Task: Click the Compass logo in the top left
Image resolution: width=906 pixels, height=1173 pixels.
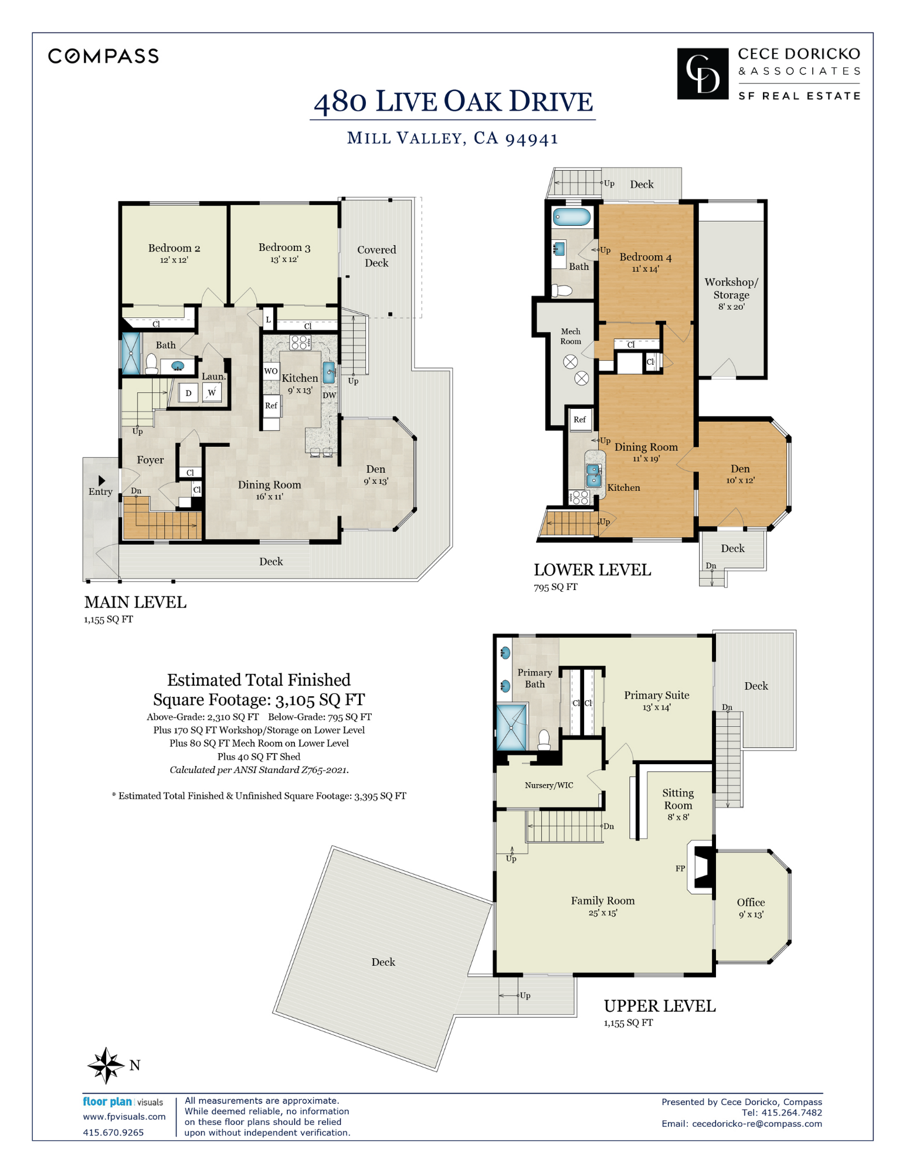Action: [x=103, y=56]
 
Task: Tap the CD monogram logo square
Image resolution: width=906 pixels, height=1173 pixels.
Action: [x=703, y=74]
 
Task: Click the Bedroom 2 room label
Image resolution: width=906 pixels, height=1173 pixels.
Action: [x=174, y=248]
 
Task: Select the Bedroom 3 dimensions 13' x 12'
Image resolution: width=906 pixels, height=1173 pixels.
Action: [x=284, y=259]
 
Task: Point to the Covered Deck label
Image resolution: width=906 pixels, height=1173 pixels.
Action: [x=376, y=256]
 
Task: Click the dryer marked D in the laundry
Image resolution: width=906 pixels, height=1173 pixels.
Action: [x=188, y=393]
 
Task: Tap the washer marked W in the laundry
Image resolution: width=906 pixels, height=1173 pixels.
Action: [x=212, y=392]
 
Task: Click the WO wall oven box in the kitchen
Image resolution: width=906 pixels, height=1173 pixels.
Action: [x=271, y=371]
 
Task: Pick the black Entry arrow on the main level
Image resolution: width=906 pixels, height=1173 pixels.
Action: [x=101, y=480]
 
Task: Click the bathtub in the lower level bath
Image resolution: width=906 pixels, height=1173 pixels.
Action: [x=572, y=217]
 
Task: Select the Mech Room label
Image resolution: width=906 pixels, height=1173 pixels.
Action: [x=571, y=336]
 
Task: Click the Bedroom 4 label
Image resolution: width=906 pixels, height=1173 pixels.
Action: [x=646, y=257]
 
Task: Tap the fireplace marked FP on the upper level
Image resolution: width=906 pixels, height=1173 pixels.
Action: [x=701, y=868]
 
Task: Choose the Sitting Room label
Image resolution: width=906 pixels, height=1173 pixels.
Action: [x=678, y=799]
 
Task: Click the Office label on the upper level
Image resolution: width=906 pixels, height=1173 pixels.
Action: [x=751, y=902]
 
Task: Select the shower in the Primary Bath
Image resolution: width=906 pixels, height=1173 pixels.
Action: [x=511, y=727]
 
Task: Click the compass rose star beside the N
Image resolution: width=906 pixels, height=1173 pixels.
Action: [x=106, y=1065]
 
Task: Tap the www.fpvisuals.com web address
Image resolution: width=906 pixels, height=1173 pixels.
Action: [x=124, y=1117]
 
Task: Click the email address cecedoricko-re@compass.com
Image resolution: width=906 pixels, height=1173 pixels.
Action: [x=757, y=1124]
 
